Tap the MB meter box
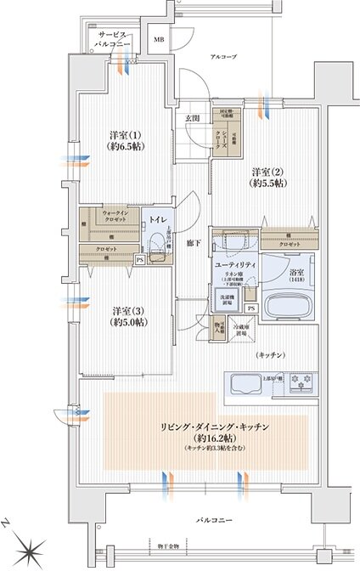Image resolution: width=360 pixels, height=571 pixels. pos(159,40)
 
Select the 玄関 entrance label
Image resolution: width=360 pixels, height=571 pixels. pos(193,118)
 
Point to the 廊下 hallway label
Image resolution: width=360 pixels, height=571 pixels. pos(194,243)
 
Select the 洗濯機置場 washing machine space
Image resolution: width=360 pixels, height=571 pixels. pos(226,298)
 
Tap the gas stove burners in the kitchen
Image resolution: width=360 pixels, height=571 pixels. pos(301,380)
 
